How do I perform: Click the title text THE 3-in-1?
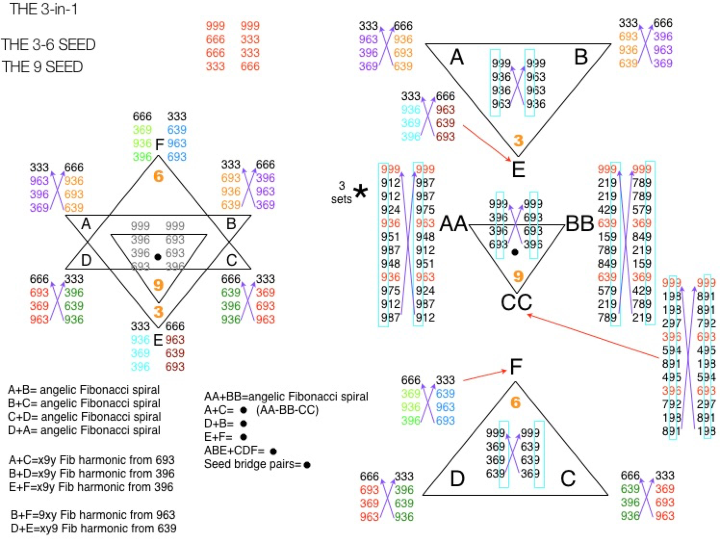(x=43, y=9)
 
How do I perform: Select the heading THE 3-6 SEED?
(x=48, y=45)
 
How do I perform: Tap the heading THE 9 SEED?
(x=42, y=67)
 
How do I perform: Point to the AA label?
(x=453, y=224)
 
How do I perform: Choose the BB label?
(x=580, y=224)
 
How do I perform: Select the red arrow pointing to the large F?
(x=485, y=375)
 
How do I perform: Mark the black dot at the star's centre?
(x=158, y=257)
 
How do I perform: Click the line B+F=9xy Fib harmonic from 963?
(x=93, y=515)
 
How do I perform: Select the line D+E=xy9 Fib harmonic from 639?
(x=94, y=528)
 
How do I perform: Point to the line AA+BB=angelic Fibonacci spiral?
(x=286, y=396)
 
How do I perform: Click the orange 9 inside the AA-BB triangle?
(x=518, y=276)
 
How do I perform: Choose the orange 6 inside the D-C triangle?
(x=515, y=403)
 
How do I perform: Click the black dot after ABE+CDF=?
(x=273, y=451)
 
